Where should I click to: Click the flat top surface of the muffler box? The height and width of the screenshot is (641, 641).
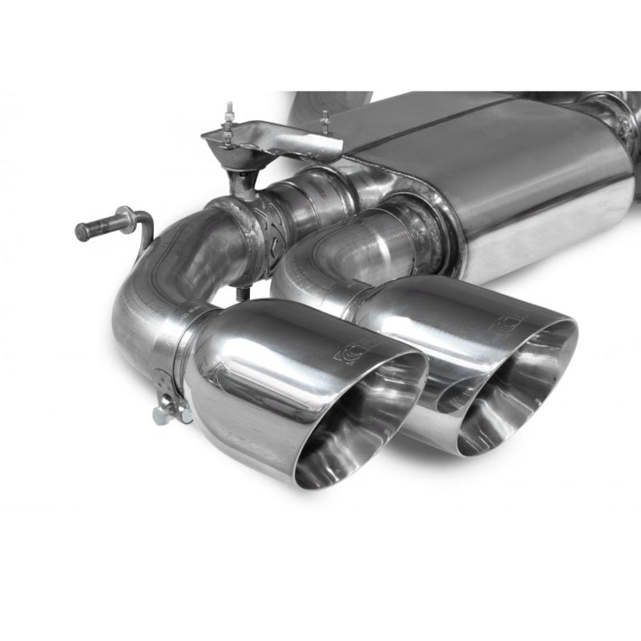click(x=449, y=128)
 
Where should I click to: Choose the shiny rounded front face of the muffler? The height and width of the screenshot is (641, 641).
click(x=553, y=208)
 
